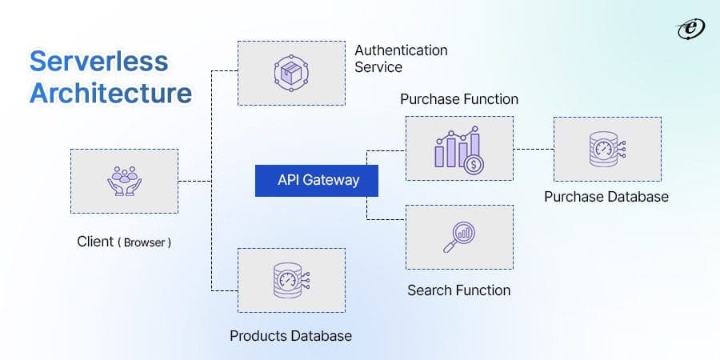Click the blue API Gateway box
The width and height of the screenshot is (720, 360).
click(318, 181)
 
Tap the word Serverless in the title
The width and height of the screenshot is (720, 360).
click(98, 62)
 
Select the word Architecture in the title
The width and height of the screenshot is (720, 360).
click(110, 93)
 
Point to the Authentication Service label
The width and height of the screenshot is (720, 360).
click(401, 59)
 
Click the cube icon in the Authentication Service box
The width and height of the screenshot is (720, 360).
click(291, 73)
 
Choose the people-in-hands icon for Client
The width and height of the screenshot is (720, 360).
click(124, 181)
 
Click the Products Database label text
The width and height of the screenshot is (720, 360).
click(290, 335)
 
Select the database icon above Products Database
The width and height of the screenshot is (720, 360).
click(291, 279)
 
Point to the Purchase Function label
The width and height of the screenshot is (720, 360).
click(458, 99)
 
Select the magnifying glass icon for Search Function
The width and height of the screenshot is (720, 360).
click(458, 237)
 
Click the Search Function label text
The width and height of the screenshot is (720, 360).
click(458, 290)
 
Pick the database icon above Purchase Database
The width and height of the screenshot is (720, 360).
click(606, 149)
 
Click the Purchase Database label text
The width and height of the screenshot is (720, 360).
click(606, 196)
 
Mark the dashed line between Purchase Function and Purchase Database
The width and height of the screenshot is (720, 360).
click(533, 149)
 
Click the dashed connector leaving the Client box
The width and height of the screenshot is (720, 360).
click(194, 182)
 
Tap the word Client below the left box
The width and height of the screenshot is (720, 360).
click(95, 242)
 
